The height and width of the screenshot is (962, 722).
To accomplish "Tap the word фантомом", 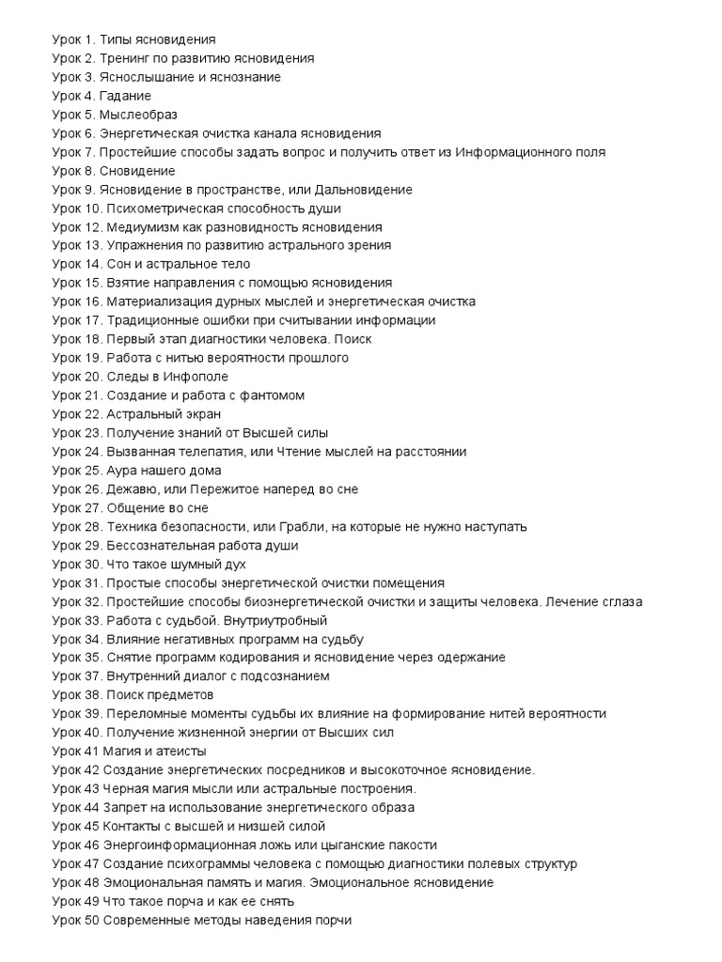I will pyautogui.click(x=272, y=396).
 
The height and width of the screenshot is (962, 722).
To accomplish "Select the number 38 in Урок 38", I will pyautogui.click(x=91, y=695).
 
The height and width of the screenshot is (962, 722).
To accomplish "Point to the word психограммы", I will pyautogui.click(x=208, y=864).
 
